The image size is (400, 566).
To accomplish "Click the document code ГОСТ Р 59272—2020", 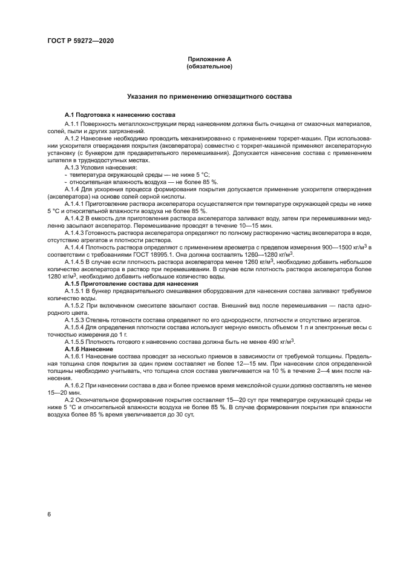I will point(80,41).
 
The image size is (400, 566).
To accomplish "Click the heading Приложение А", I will point(209,59).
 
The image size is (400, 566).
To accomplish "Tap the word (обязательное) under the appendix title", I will point(209,66).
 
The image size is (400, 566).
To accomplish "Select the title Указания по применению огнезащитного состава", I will point(209,96).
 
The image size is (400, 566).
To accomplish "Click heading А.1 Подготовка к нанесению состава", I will point(120,114).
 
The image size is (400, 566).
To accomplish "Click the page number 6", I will point(49,514).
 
